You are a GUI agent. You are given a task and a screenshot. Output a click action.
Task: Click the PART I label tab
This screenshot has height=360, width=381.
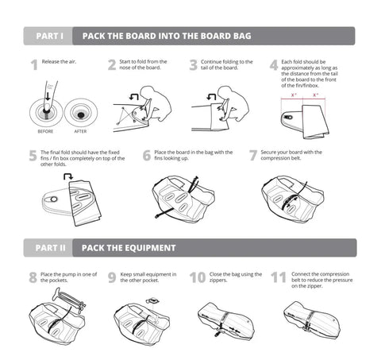tap(49, 36)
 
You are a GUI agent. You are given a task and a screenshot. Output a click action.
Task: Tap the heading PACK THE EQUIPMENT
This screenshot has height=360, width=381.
tap(129, 247)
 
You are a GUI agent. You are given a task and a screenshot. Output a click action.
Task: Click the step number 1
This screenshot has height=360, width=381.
tap(33, 66)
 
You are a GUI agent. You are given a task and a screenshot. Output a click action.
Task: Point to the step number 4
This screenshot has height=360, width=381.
tap(273, 66)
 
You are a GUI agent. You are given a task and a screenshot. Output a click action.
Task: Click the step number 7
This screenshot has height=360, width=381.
tap(253, 157)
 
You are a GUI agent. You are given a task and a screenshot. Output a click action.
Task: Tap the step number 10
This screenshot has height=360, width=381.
tap(198, 278)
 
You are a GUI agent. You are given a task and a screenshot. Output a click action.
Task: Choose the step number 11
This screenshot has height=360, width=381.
tap(278, 278)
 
